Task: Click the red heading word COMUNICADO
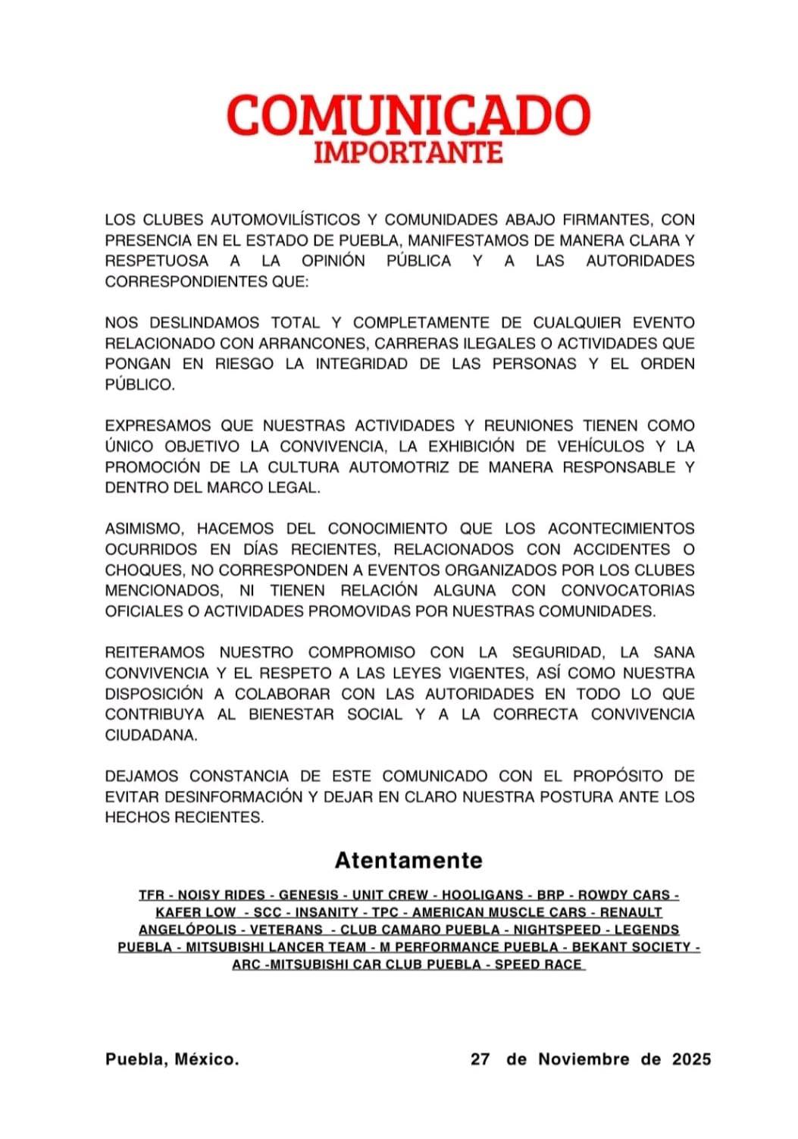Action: point(408,116)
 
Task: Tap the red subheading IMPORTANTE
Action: point(408,152)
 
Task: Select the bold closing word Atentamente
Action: point(408,861)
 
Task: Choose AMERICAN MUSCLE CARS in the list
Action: point(499,913)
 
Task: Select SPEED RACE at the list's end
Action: point(538,965)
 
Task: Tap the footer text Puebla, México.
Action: point(172,1059)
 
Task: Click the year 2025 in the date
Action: point(691,1059)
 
